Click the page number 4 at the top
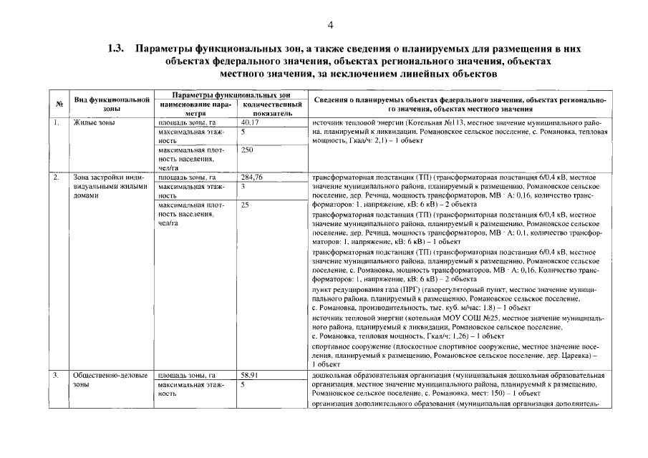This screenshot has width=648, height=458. click(331, 26)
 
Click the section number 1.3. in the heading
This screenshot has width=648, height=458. click(117, 49)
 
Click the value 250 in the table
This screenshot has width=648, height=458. click(248, 150)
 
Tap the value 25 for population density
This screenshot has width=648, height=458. click(245, 205)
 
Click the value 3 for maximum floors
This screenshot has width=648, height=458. click(243, 186)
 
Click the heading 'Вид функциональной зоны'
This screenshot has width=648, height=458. click(112, 104)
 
